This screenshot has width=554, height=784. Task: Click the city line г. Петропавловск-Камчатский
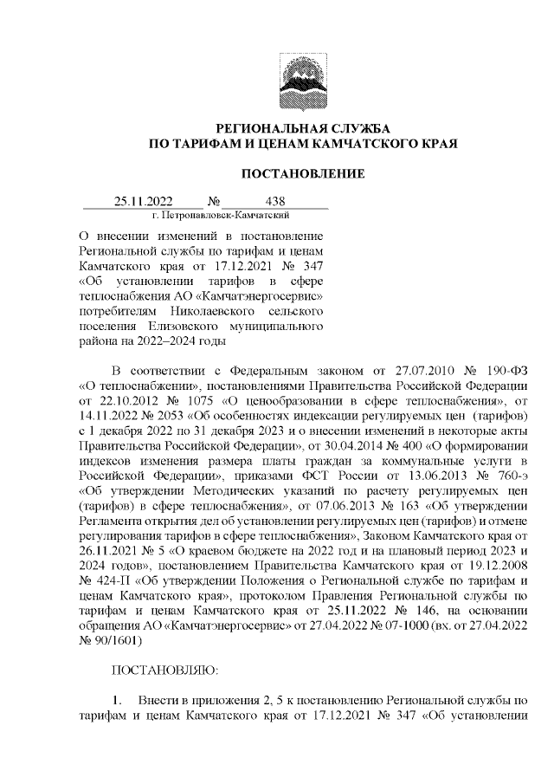(220, 214)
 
